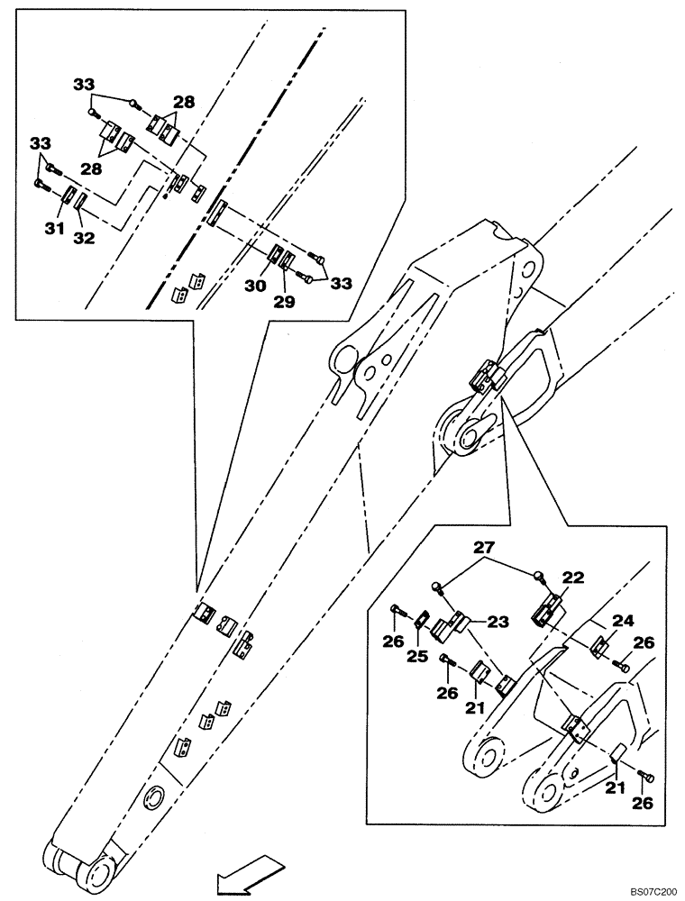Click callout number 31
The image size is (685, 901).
tap(54, 230)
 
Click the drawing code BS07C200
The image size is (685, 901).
tap(650, 890)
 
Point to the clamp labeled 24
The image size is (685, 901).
tap(600, 647)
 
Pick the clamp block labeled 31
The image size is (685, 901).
tap(69, 196)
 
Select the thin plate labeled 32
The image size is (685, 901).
tap(81, 200)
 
